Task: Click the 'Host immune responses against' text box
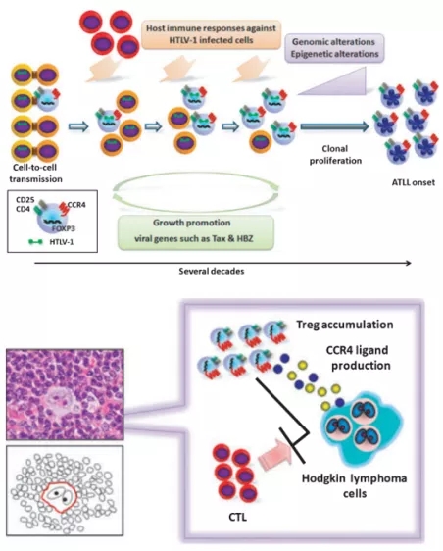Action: tap(211, 34)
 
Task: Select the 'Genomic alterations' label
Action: tap(334, 42)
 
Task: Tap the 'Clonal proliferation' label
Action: tap(335, 155)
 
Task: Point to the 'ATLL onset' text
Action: tap(414, 182)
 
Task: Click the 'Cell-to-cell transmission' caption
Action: tap(35, 174)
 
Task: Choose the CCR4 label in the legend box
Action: tap(76, 205)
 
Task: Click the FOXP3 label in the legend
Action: tap(64, 228)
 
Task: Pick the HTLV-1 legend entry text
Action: tap(62, 242)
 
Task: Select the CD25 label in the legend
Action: tap(25, 200)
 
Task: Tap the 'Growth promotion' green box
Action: tap(196, 232)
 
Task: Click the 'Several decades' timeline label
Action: tap(212, 271)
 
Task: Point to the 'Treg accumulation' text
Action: tap(345, 324)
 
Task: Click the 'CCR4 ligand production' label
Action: tap(359, 358)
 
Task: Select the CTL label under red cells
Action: tap(237, 517)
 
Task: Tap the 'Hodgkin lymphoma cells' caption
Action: tap(355, 485)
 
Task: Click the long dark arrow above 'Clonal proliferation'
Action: tap(335, 126)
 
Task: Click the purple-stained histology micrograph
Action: tap(65, 394)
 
